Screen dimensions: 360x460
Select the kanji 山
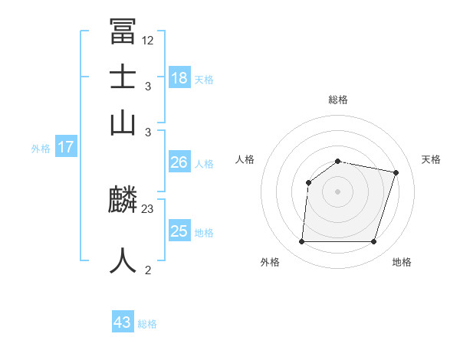click(x=123, y=123)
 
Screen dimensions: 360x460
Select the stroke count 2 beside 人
click(x=147, y=270)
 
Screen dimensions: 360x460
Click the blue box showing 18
click(x=179, y=77)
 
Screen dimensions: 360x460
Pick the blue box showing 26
click(x=179, y=162)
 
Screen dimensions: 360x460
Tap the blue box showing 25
click(x=179, y=231)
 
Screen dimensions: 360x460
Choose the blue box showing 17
click(x=66, y=147)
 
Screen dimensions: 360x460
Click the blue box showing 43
click(x=123, y=322)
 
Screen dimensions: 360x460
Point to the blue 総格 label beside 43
click(x=147, y=324)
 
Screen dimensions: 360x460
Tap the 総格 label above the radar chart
click(x=337, y=100)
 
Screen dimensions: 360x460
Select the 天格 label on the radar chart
click(x=431, y=159)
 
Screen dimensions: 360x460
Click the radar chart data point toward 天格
click(x=396, y=172)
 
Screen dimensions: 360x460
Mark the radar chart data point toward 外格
click(x=301, y=241)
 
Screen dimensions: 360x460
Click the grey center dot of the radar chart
click(x=337, y=191)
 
